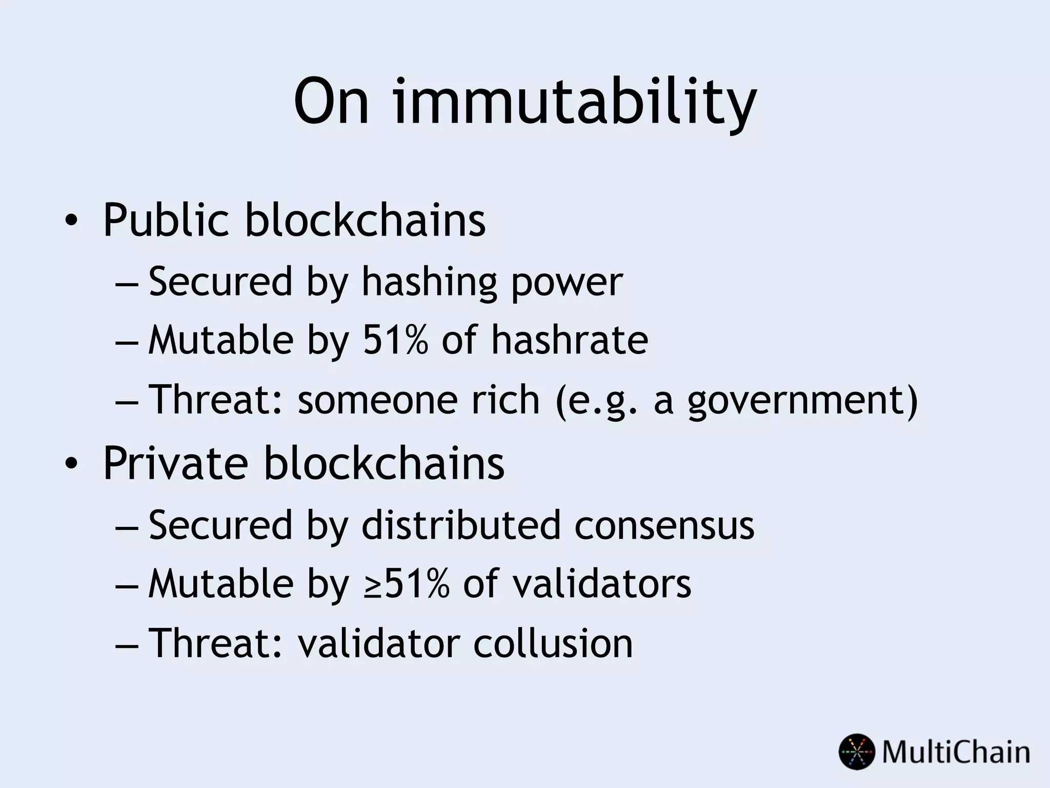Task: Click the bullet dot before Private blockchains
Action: pyautogui.click(x=71, y=464)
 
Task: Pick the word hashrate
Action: pyautogui.click(x=570, y=340)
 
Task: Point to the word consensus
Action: pyautogui.click(x=664, y=526)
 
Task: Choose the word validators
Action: pyautogui.click(x=602, y=584)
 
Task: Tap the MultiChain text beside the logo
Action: pyautogui.click(x=956, y=752)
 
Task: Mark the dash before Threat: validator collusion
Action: pyautogui.click(x=126, y=645)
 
